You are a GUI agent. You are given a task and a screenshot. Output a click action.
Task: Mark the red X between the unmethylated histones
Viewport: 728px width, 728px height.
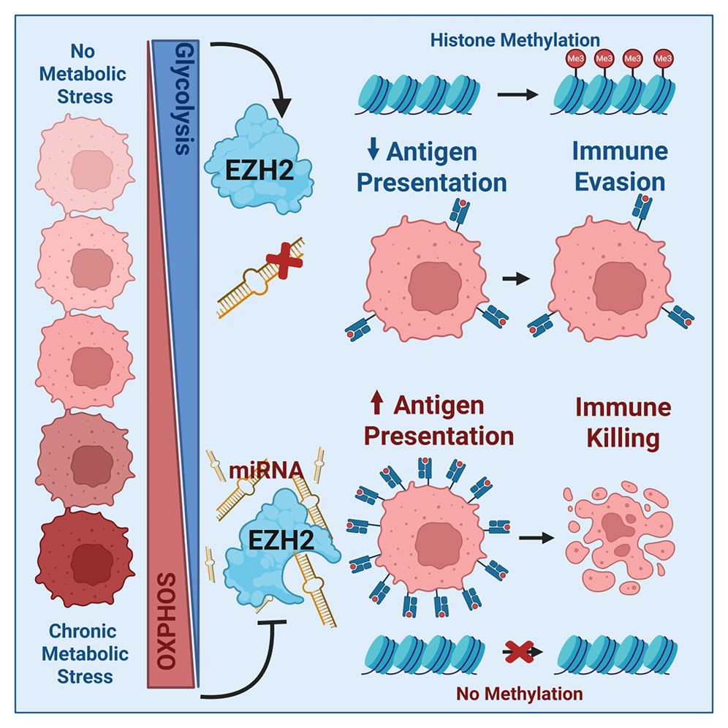[520, 649]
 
